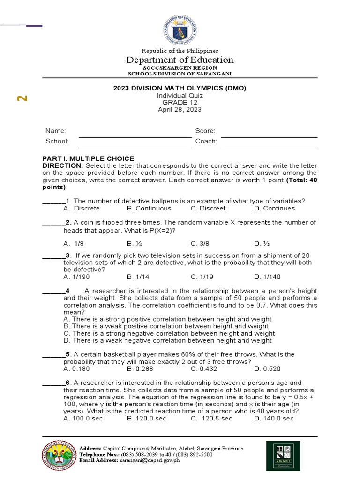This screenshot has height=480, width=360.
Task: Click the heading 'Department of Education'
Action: [x=180, y=60]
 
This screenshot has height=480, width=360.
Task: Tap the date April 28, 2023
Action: [x=180, y=109]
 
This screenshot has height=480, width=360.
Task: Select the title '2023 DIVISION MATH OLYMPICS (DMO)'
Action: [x=180, y=88]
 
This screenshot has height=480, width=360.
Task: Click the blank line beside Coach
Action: [x=269, y=146]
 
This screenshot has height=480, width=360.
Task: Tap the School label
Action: [x=57, y=141]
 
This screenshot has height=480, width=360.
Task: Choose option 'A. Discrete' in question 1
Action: [x=82, y=208]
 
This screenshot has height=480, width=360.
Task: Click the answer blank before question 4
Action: [x=53, y=291]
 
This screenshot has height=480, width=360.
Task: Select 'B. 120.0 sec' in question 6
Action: [x=146, y=418]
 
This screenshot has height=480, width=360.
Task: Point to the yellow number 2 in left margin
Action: [x=22, y=98]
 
